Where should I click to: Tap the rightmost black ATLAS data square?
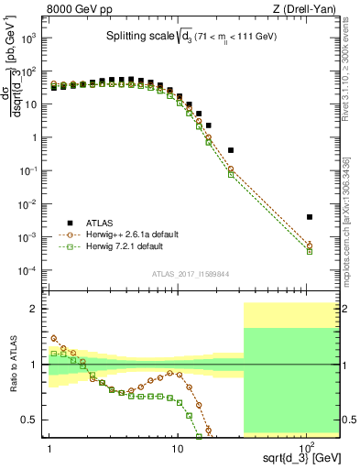[310, 217]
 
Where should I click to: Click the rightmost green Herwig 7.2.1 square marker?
[310, 251]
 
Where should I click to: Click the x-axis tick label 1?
[48, 450]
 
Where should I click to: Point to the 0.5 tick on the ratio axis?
[34, 420]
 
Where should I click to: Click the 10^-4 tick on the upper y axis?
[30, 271]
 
